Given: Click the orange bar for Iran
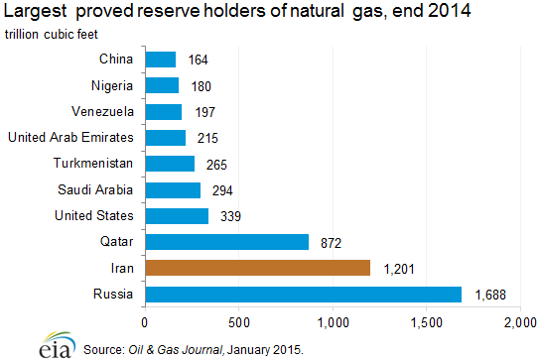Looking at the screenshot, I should [257, 268].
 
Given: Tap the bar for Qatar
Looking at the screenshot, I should [226, 242].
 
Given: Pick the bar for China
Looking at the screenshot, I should [160, 60].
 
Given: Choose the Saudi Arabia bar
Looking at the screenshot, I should [173, 189].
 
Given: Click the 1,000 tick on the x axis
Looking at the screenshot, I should [334, 322].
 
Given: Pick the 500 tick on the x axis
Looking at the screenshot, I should [239, 322].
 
